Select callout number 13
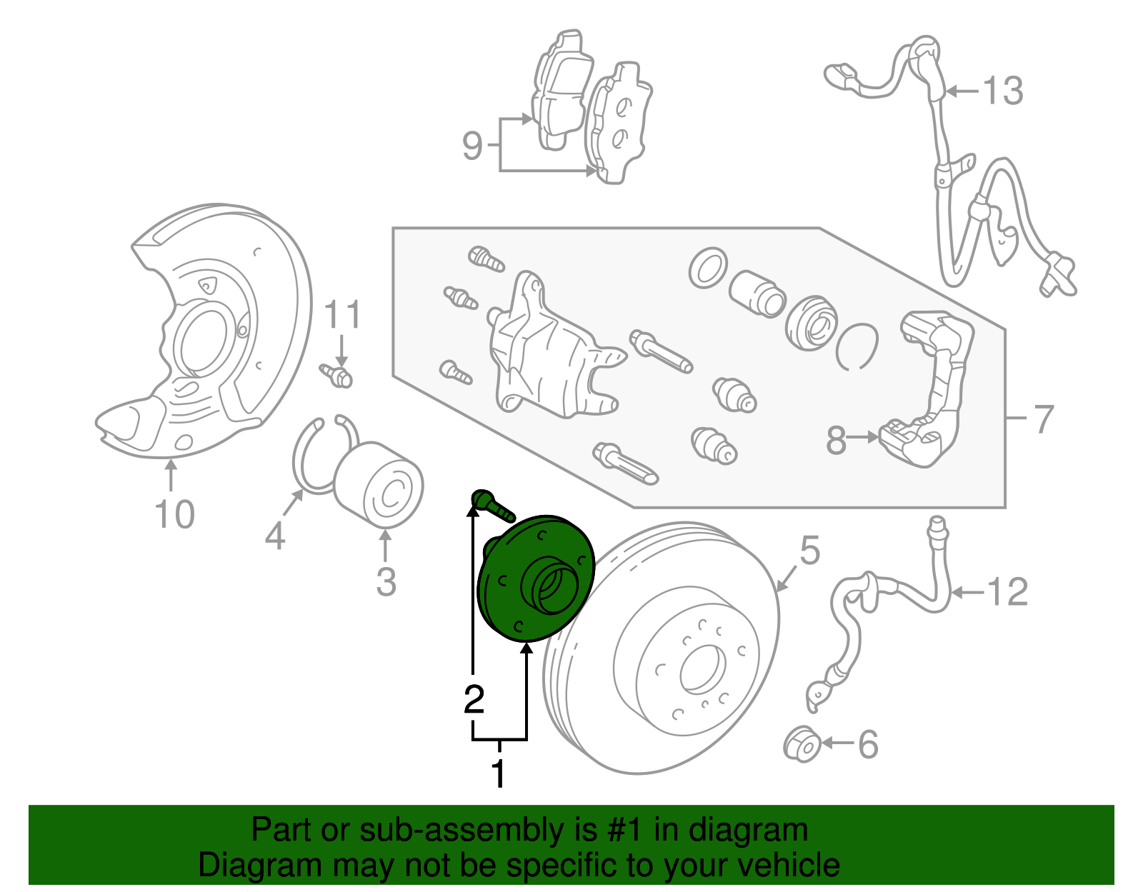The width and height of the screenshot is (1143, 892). (x=1003, y=91)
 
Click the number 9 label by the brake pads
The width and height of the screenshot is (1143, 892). (x=472, y=146)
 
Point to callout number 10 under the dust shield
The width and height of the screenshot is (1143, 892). (x=174, y=514)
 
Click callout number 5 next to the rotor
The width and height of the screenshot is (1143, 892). (x=809, y=551)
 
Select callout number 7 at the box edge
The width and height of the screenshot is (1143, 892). (x=1044, y=419)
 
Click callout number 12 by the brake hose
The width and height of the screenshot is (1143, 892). (x=1007, y=592)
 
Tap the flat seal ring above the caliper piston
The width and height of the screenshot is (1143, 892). (x=708, y=269)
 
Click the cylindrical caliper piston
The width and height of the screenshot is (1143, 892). (x=757, y=293)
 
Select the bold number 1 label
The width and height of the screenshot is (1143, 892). (x=499, y=774)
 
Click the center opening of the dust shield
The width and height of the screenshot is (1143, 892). (x=204, y=340)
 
